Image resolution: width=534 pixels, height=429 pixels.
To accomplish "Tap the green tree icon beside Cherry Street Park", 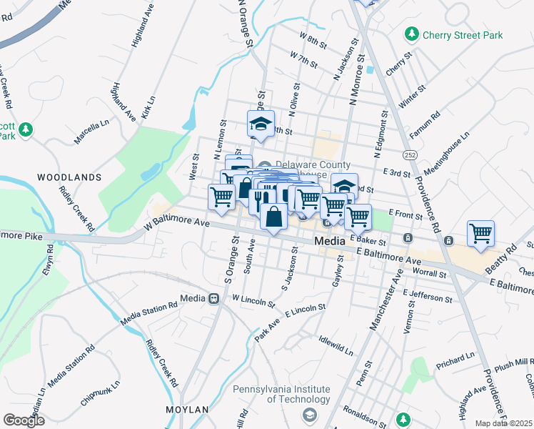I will [x=411, y=34].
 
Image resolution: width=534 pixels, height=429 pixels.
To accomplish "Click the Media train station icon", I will [x=213, y=298].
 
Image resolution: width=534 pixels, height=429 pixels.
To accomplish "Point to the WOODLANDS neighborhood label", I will [x=69, y=177].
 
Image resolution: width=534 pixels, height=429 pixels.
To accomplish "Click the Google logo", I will [x=23, y=420].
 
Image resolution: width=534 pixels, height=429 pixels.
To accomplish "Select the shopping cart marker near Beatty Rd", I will [x=481, y=234].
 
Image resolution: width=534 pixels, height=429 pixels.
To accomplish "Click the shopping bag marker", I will [x=273, y=216].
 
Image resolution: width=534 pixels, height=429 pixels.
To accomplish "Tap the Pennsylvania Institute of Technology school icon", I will [x=309, y=415].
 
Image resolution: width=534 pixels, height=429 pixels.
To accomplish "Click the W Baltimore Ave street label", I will [x=176, y=224].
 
